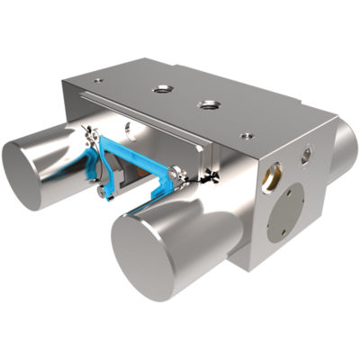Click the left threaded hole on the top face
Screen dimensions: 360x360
[163, 89]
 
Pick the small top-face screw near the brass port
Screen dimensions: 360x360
[248, 136]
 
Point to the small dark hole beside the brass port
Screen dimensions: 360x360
[306, 155]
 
